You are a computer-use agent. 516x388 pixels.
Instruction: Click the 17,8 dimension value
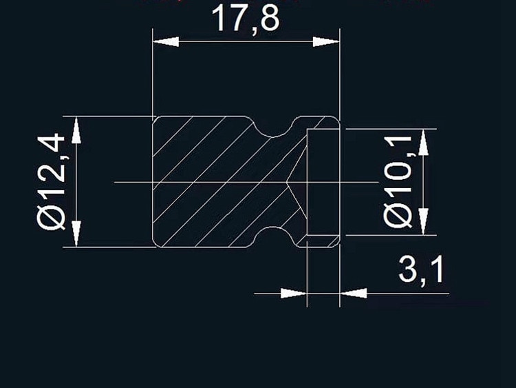click(x=245, y=19)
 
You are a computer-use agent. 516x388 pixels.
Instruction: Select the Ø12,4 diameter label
click(x=52, y=182)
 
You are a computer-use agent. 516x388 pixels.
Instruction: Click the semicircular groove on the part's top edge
click(x=275, y=124)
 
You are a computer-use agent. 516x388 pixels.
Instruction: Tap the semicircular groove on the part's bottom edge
click(x=275, y=238)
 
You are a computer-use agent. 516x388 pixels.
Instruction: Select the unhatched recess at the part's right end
click(x=322, y=182)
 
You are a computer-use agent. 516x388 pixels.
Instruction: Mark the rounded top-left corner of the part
click(x=155, y=119)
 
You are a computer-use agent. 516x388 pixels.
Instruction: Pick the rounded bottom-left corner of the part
click(x=155, y=243)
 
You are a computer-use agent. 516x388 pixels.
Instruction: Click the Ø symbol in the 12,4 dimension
click(x=52, y=218)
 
